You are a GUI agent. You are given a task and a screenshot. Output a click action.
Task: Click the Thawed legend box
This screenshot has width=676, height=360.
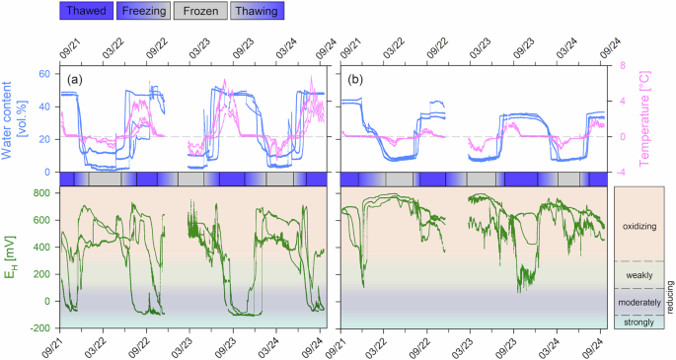pyautogui.click(x=86, y=12)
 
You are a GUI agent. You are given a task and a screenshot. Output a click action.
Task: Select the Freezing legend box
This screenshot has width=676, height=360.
pyautogui.click(x=143, y=12)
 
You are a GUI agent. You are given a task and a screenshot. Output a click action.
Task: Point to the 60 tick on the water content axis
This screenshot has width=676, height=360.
pyautogui.click(x=44, y=74)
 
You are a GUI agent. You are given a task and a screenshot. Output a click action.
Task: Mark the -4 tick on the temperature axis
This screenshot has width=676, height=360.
pyautogui.click(x=624, y=172)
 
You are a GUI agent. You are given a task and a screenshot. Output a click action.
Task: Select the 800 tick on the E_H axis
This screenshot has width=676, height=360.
pyautogui.click(x=39, y=192)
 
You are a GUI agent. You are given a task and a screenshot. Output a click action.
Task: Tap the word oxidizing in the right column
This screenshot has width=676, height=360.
pyautogui.click(x=640, y=226)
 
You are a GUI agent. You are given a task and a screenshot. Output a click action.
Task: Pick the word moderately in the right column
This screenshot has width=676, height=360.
pyautogui.click(x=640, y=301)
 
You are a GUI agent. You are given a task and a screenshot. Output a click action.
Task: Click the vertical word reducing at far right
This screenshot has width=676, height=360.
pyautogui.click(x=670, y=294)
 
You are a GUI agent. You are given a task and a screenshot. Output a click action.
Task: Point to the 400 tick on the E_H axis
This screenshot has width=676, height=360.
pyautogui.click(x=39, y=247)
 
